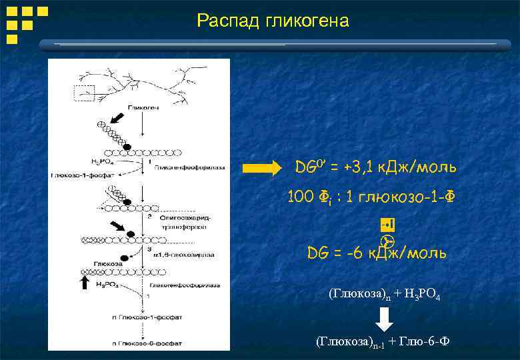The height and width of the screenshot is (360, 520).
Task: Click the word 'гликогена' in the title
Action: (x=307, y=21)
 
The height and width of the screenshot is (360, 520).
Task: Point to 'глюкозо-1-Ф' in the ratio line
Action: (x=409, y=197)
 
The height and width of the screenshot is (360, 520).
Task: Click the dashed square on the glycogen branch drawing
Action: (x=85, y=96)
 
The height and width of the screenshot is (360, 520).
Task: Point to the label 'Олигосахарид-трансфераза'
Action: (x=177, y=222)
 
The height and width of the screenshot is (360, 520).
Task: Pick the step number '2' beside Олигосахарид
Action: (x=151, y=217)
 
